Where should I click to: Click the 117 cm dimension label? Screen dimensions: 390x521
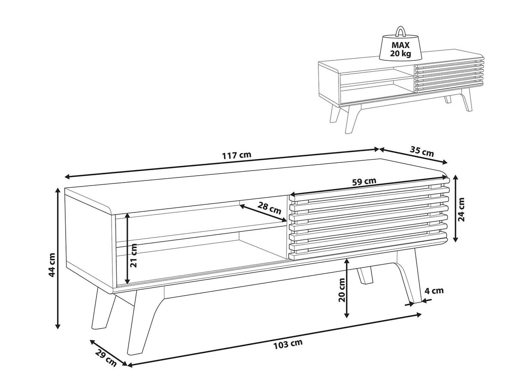pyautogui.click(x=236, y=155)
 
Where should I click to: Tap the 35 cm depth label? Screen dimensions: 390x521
pyautogui.click(x=422, y=151)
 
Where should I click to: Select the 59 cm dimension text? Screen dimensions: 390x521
pyautogui.click(x=364, y=181)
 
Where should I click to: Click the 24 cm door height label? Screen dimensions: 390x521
pyautogui.click(x=461, y=209)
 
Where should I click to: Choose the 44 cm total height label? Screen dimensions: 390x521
pyautogui.click(x=52, y=264)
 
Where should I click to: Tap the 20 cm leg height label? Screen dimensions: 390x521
pyautogui.click(x=342, y=290)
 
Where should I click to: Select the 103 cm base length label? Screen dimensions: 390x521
pyautogui.click(x=288, y=343)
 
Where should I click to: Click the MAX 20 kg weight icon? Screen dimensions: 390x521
pyautogui.click(x=400, y=45)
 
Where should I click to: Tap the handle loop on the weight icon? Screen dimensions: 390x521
pyautogui.click(x=400, y=31)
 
